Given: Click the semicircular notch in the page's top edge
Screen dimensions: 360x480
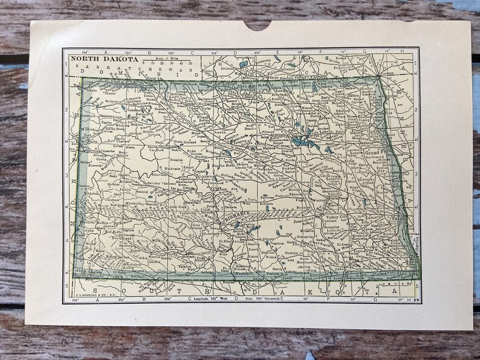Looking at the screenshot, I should (258, 23).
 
